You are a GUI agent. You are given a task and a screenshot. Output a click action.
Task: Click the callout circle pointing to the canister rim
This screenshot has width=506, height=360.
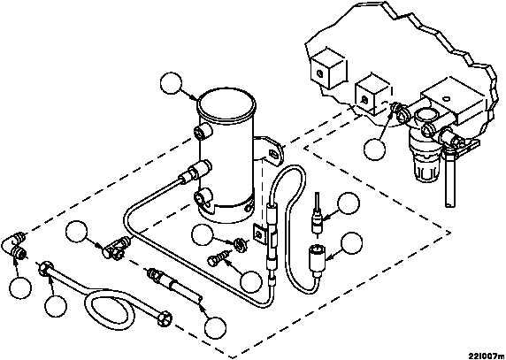pyautogui.click(x=171, y=83)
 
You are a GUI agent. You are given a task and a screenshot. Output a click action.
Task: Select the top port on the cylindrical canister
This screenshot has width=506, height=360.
pyautogui.click(x=203, y=132)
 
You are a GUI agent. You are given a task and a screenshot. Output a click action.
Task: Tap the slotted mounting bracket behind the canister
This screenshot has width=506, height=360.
pyautogui.click(x=271, y=151)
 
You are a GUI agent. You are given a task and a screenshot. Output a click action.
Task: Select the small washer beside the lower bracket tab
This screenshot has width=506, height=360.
pyautogui.click(x=241, y=243)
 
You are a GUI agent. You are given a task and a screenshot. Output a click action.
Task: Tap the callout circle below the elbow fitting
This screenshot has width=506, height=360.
pyautogui.click(x=20, y=287)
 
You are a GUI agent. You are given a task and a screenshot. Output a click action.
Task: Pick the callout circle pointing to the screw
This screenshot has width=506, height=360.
pyautogui.click(x=250, y=281)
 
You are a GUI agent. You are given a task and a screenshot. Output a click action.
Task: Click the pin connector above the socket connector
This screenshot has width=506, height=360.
pyautogui.click(x=317, y=216)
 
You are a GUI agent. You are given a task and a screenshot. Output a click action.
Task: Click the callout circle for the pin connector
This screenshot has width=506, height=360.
pyautogui.click(x=349, y=203)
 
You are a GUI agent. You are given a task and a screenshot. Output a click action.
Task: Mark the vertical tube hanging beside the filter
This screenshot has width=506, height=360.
pyautogui.click(x=450, y=178)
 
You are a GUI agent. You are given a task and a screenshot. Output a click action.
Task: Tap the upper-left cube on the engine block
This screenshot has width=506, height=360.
pyautogui.click(x=328, y=68)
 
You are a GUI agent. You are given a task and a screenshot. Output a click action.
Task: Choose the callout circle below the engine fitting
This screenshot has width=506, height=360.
pyautogui.click(x=374, y=149)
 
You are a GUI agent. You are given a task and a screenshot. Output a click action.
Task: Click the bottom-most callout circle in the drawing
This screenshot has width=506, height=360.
pyautogui.click(x=215, y=328)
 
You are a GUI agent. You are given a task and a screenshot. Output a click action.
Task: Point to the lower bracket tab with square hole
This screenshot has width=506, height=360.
pyautogui.click(x=259, y=234)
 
